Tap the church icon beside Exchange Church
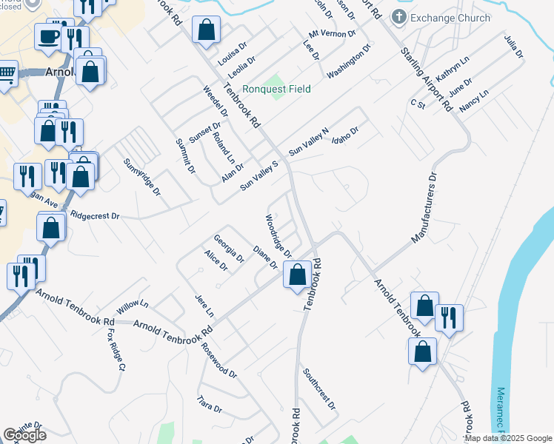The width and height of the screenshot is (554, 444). pos(398,17)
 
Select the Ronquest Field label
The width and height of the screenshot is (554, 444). pos(278,89)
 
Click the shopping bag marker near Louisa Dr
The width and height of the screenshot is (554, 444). pos(207,31)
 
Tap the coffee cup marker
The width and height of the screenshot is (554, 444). pos(49,36)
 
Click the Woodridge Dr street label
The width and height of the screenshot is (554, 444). pos(278,237)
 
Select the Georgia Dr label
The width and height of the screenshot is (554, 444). pos(229,249)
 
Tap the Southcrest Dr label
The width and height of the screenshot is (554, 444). pos(319,390)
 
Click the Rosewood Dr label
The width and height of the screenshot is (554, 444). pos(218,360)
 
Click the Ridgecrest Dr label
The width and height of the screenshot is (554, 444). pos(95,216)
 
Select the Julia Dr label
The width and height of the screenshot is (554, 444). pos(513,46)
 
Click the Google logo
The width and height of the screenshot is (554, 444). pos(25,435)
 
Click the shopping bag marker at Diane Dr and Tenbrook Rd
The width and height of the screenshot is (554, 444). pos(297,275)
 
